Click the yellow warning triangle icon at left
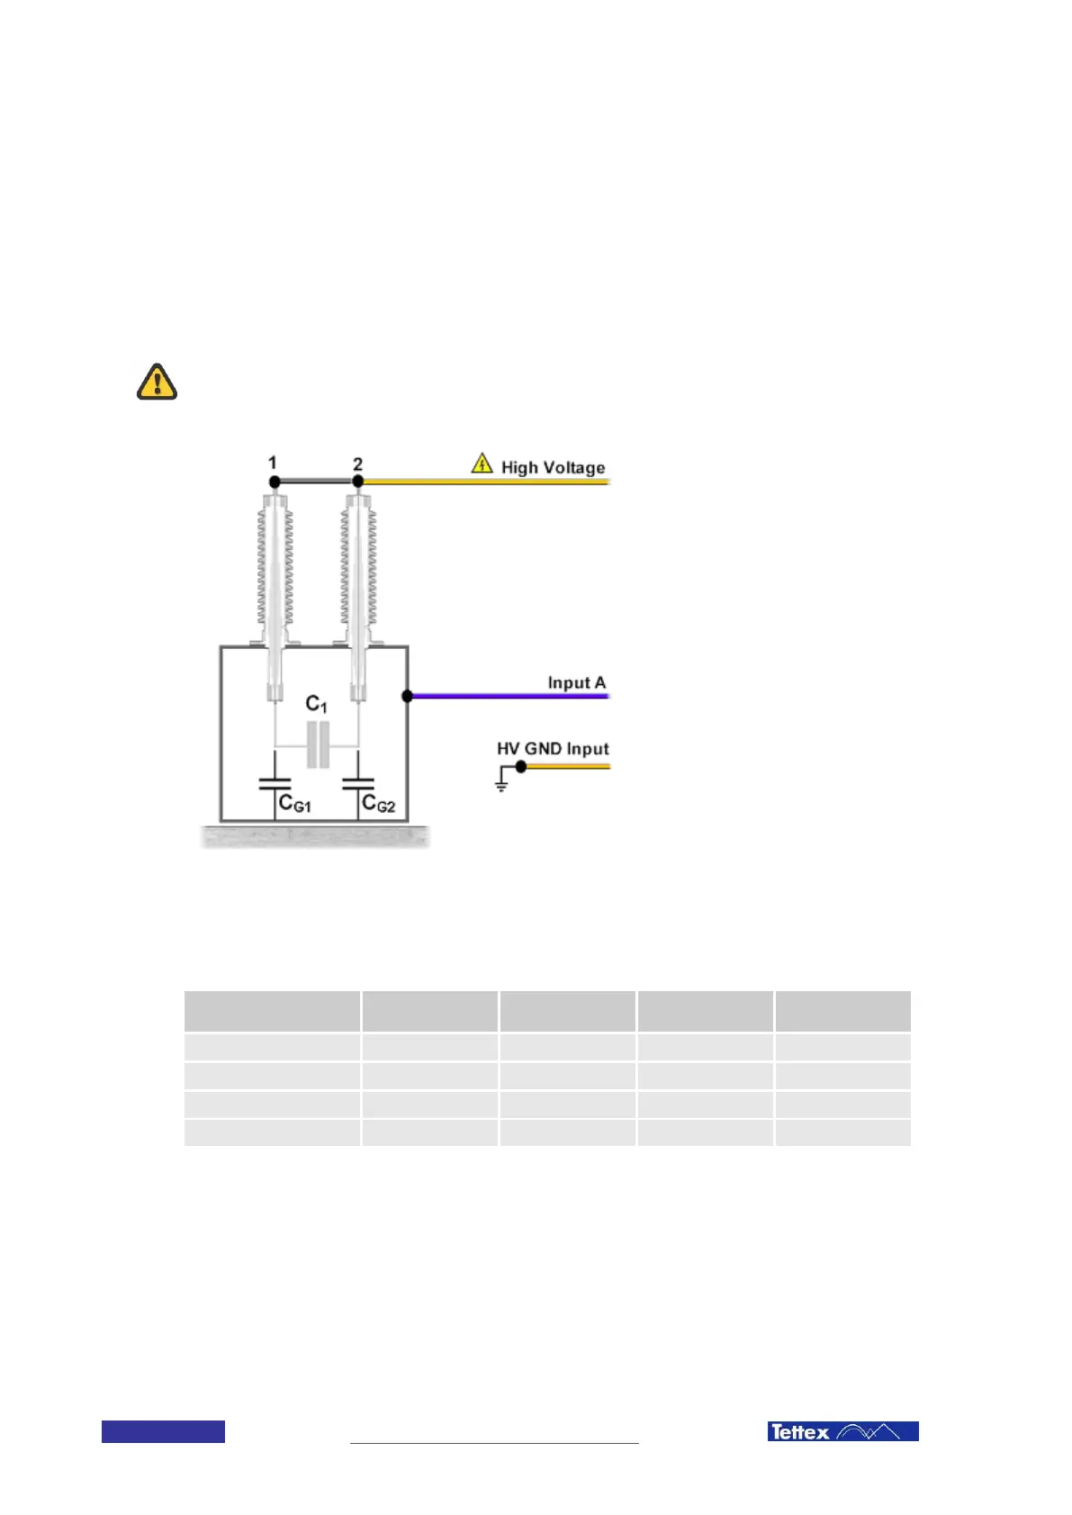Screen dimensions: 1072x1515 click(157, 382)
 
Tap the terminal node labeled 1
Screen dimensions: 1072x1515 click(274, 482)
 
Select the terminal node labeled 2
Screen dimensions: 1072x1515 click(357, 482)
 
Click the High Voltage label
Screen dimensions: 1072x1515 click(553, 467)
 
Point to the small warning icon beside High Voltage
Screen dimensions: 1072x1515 click(482, 464)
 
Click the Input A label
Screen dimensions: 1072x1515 click(576, 682)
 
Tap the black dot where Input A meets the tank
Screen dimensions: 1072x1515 click(407, 696)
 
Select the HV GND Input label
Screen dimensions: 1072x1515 click(553, 748)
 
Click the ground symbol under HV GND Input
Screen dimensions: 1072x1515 click(501, 785)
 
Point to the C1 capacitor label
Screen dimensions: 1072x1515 click(316, 704)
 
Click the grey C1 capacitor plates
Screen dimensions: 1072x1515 click(318, 744)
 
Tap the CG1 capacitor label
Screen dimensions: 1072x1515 click(294, 803)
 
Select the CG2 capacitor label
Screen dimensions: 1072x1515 click(378, 803)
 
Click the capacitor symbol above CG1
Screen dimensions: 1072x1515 click(275, 784)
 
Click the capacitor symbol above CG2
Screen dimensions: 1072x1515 click(358, 784)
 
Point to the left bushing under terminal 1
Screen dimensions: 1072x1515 click(275, 576)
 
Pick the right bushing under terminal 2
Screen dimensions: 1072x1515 click(358, 576)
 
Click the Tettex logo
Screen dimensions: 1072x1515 click(842, 1431)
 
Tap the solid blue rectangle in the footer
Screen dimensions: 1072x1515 click(163, 1431)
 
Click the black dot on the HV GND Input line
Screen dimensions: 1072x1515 click(520, 767)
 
